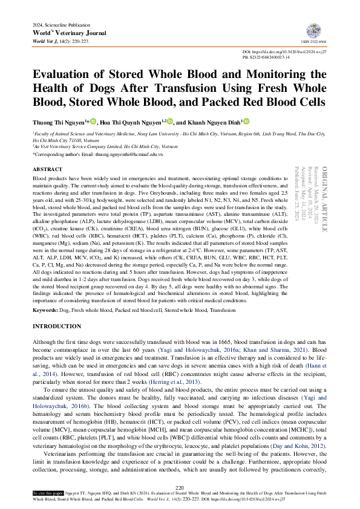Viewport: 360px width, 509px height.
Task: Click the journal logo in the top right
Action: [x=314, y=30]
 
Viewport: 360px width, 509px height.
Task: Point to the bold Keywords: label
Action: [x=45, y=310]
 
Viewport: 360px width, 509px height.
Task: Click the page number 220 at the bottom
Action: [x=180, y=487]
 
